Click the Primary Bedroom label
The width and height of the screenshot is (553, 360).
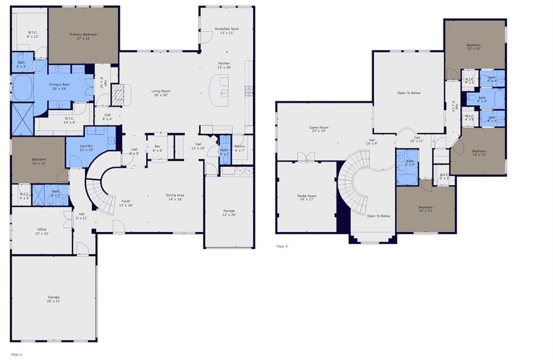(x=83, y=37)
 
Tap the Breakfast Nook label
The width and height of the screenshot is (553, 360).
(x=226, y=31)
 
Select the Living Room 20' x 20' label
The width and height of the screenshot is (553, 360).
(x=160, y=93)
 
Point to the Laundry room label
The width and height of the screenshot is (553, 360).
(x=86, y=148)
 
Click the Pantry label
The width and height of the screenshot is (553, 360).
(x=240, y=148)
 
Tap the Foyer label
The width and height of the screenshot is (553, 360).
(x=126, y=203)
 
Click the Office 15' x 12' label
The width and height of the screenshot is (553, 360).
(x=42, y=232)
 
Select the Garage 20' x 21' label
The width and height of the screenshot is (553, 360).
(x=53, y=299)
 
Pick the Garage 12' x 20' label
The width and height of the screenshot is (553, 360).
(x=230, y=213)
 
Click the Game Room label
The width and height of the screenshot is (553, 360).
(x=319, y=130)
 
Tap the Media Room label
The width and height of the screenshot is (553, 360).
(x=307, y=198)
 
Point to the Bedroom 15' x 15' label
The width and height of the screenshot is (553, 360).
(x=474, y=46)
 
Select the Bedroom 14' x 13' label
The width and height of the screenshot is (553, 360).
(x=426, y=209)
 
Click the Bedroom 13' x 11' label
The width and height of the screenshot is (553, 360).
(x=479, y=153)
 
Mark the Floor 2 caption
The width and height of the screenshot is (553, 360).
(x=282, y=246)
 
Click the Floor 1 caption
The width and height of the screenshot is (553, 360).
(x=17, y=355)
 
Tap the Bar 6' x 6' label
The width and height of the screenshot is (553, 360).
(x=158, y=148)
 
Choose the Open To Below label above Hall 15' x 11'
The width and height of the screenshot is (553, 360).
(x=409, y=93)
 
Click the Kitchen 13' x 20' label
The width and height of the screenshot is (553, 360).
(x=224, y=65)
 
